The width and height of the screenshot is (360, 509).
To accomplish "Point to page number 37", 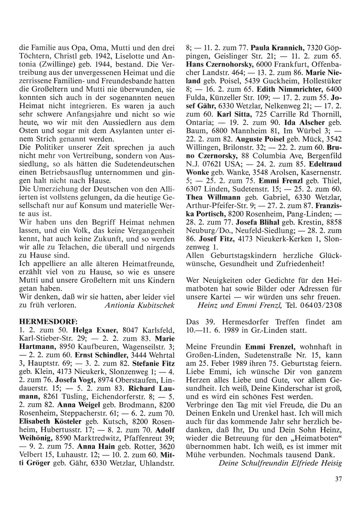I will (x=337, y=479).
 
